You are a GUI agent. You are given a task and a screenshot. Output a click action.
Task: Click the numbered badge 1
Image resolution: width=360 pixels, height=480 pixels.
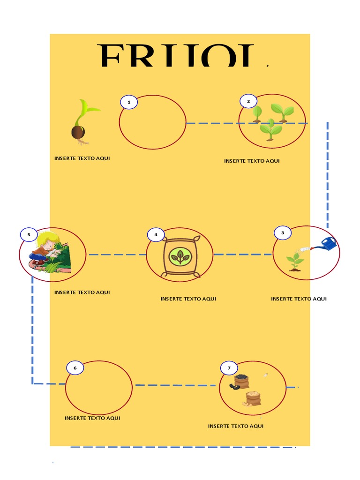[129, 102]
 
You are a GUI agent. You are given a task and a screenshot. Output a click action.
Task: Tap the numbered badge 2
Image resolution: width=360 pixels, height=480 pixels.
[248, 101]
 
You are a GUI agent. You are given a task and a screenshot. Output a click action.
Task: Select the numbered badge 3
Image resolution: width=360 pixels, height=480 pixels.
[282, 232]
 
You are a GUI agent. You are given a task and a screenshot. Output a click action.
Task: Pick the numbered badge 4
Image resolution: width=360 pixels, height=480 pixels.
[156, 234]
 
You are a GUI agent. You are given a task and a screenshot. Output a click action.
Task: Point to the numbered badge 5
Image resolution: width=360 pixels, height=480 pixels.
[29, 234]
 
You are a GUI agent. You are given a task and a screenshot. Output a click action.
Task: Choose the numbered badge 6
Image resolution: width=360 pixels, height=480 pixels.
[75, 368]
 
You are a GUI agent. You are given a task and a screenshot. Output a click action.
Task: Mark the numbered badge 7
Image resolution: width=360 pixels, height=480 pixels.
[229, 368]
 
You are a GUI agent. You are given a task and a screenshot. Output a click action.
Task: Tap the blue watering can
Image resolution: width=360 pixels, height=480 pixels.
[329, 244]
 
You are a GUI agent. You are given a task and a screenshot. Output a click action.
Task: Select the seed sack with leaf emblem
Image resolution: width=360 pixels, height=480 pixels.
[180, 257]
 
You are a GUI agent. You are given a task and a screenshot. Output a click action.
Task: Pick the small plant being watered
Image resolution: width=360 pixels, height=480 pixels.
[295, 261]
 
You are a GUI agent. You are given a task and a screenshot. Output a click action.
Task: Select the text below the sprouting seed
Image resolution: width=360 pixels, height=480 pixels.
[82, 158]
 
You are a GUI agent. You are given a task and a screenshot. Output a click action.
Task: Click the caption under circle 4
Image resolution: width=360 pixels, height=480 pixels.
[188, 299]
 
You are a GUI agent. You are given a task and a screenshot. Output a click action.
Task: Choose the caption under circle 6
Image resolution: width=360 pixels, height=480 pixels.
[92, 418]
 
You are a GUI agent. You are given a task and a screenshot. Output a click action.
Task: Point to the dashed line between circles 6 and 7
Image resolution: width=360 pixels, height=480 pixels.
[176, 385]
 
